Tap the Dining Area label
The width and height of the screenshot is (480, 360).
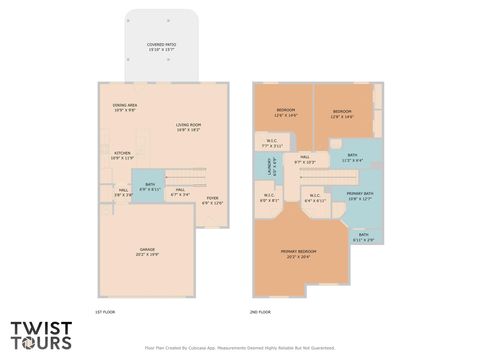coord(125,106)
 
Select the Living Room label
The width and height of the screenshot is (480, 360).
coord(189,127)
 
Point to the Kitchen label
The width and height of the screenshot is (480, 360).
coord(122,154)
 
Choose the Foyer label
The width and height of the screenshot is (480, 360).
coord(212,200)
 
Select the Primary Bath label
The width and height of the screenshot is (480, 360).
coord(359,196)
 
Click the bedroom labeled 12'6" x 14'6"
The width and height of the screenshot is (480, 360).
coord(285,113)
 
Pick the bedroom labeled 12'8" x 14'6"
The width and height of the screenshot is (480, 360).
coord(342,113)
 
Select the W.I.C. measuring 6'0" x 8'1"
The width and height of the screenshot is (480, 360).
coord(269,198)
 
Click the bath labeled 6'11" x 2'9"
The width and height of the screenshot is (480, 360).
coord(363,237)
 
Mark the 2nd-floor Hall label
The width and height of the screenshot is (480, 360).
coord(304,159)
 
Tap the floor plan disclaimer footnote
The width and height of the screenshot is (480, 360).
coord(239,349)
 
